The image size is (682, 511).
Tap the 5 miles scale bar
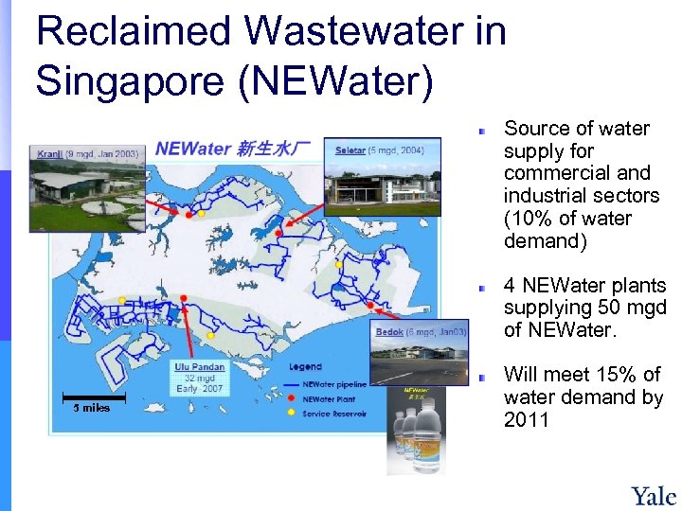92,401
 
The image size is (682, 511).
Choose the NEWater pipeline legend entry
334,384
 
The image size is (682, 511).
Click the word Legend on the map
306,367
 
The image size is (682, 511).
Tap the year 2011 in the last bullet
527,420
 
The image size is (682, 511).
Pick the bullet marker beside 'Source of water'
482,130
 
